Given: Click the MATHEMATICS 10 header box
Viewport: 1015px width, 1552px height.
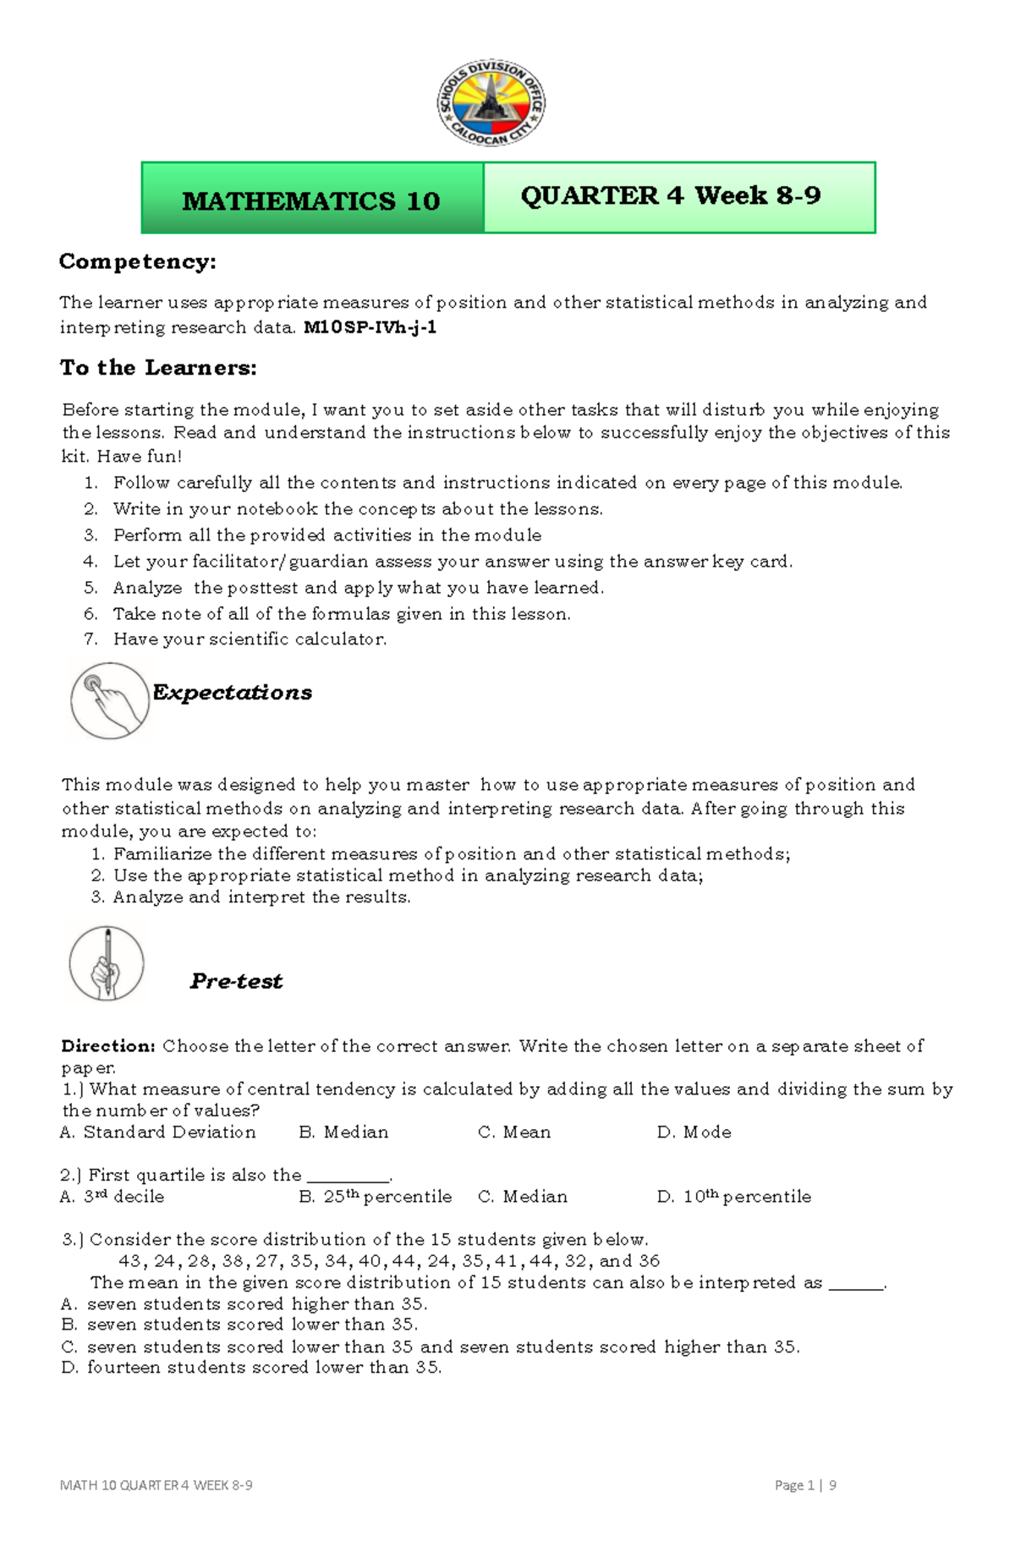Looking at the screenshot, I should (312, 200).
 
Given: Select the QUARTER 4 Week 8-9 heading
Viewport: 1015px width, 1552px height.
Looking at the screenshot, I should (671, 195).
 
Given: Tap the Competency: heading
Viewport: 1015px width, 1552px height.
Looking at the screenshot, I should (137, 262).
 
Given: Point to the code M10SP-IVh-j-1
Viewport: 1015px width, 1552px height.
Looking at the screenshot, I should (370, 328).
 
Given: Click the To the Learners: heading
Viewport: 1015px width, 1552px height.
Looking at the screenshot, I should (158, 368).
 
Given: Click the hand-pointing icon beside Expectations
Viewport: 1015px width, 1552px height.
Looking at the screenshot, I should (110, 701).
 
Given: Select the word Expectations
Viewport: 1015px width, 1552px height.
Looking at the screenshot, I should (232, 693).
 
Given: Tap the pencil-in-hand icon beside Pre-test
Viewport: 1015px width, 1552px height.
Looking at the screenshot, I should (107, 963).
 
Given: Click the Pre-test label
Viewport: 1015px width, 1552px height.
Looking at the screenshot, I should (236, 981).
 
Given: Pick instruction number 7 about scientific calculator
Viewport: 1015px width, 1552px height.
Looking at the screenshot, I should (250, 639).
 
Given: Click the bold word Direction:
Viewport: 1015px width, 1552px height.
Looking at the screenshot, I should (108, 1046).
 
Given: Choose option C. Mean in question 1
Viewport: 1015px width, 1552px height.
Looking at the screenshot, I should (514, 1132).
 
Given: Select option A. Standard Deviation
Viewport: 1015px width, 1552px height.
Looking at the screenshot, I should (158, 1132).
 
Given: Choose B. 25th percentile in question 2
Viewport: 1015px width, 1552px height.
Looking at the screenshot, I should (376, 1197).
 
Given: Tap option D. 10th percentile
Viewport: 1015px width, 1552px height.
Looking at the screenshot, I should (733, 1197).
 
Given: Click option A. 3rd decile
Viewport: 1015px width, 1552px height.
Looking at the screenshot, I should (112, 1197).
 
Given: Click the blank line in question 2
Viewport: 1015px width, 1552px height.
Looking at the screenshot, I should (348, 1178).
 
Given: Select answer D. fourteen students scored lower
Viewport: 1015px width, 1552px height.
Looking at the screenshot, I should (252, 1368).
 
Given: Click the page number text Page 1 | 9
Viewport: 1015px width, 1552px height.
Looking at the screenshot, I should (805, 1485).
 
